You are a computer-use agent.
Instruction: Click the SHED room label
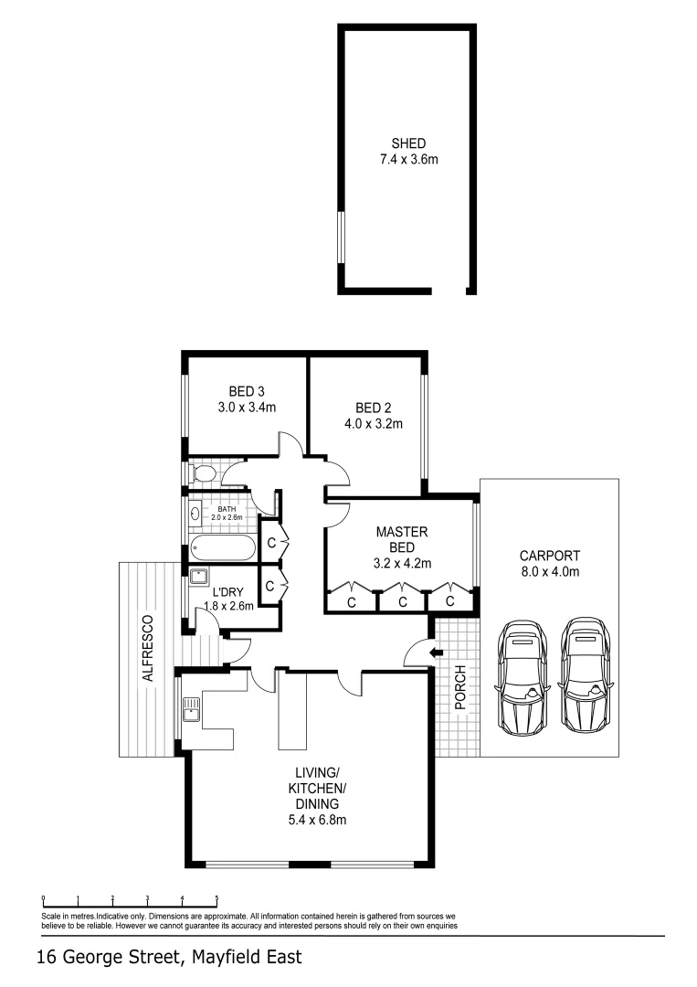click(x=408, y=143)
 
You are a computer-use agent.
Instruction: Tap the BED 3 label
click(x=247, y=391)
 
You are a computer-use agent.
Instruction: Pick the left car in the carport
click(x=519, y=675)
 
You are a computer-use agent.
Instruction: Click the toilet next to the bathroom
click(x=202, y=473)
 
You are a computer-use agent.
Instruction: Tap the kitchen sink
click(x=191, y=707)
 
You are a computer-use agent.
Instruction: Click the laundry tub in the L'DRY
click(x=197, y=576)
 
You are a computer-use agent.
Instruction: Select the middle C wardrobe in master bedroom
click(x=402, y=601)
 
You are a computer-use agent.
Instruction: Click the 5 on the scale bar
click(x=216, y=898)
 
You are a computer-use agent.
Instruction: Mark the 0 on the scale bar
click(x=44, y=898)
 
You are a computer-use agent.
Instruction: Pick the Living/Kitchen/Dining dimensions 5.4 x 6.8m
click(x=314, y=820)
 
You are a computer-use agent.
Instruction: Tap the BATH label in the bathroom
click(x=226, y=509)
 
